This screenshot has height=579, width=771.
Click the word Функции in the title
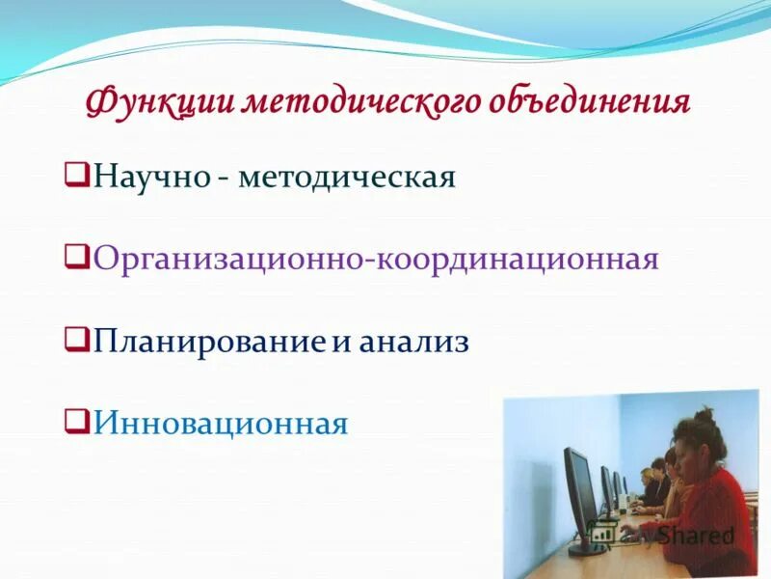(158, 101)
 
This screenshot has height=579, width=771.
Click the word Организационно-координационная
(376, 260)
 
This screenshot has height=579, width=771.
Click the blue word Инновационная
(220, 423)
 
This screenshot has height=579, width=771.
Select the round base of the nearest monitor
(586, 549)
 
